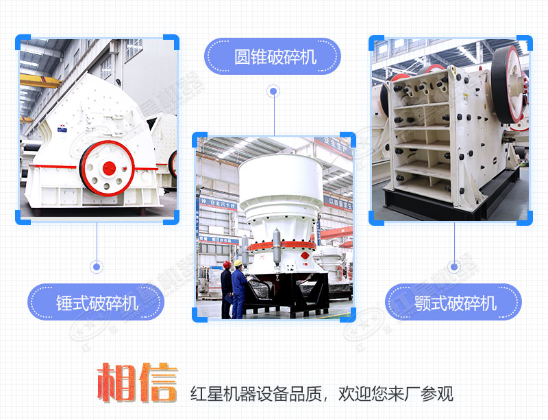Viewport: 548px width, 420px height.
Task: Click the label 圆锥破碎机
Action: click(x=275, y=57)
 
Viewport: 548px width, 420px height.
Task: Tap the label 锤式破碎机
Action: click(x=97, y=303)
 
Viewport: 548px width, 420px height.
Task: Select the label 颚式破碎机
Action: click(x=456, y=303)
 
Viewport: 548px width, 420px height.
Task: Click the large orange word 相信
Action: click(x=138, y=382)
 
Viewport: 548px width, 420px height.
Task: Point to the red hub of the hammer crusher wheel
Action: click(x=109, y=168)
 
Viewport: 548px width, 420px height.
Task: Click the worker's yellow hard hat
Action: click(x=238, y=263)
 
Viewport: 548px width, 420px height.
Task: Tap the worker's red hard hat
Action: click(x=227, y=264)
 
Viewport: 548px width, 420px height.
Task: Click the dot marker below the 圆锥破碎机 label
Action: click(x=273, y=92)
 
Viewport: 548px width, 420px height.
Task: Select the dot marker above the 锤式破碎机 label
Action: click(x=97, y=267)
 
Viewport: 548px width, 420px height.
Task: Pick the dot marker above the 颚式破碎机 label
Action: click(x=454, y=267)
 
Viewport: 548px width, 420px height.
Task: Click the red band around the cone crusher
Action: click(x=282, y=246)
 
